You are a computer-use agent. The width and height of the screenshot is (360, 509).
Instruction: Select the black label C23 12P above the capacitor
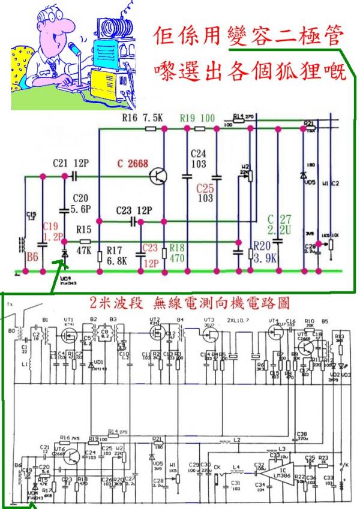pyautogui.click(x=134, y=210)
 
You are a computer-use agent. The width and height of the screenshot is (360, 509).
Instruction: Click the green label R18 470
pyautogui.click(x=178, y=252)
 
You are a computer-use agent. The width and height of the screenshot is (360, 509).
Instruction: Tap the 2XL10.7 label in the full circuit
pyautogui.click(x=239, y=320)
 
